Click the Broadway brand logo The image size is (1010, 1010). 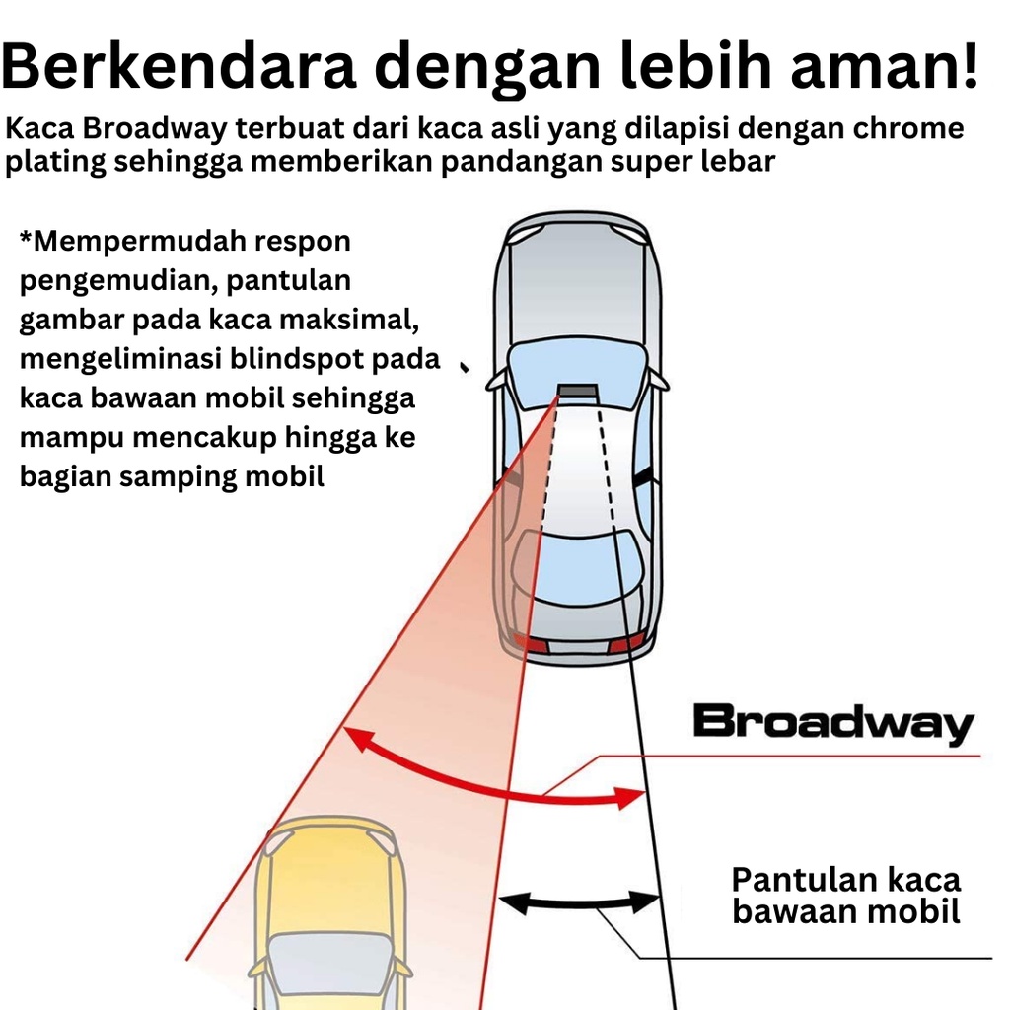833,723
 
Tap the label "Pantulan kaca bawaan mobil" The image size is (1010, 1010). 845,896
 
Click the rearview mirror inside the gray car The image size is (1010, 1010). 578,391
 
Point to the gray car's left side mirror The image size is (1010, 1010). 497,379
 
